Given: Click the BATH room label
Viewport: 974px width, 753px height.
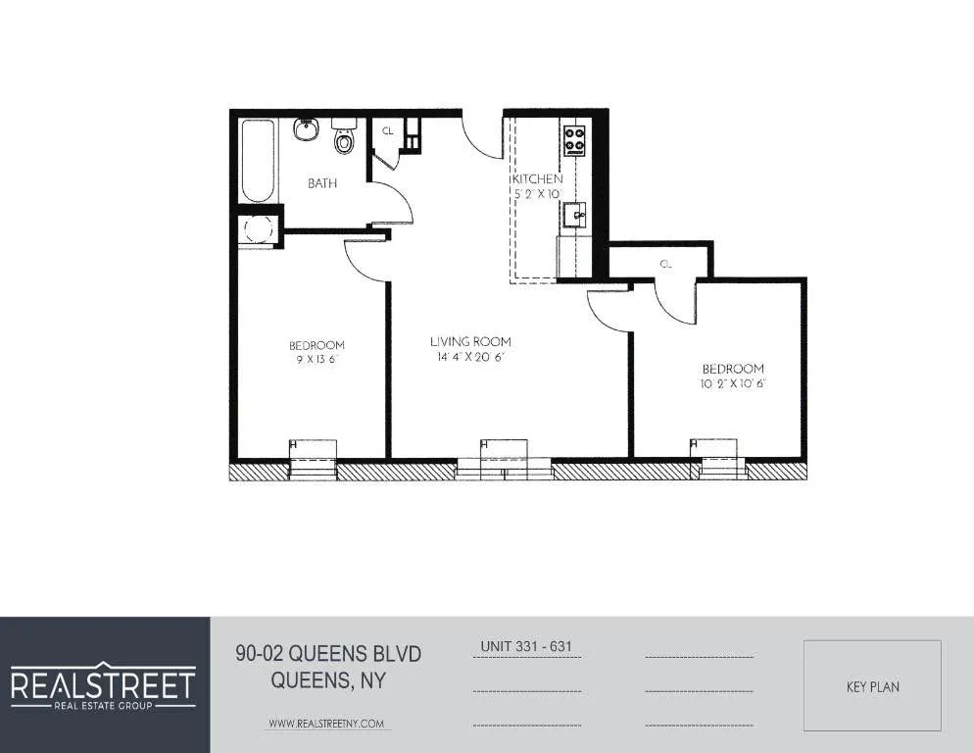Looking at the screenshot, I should (x=322, y=183).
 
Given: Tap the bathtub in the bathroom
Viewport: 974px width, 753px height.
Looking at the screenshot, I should (x=258, y=160).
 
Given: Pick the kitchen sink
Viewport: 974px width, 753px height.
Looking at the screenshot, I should (x=575, y=214).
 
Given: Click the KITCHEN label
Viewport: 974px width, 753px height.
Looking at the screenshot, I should (x=536, y=179).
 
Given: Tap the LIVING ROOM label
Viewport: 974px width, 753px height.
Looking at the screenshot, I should (x=470, y=342).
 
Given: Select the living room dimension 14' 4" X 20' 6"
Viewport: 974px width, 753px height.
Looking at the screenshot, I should (x=470, y=358).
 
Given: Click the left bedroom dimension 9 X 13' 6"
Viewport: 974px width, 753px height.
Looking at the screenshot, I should (x=317, y=360).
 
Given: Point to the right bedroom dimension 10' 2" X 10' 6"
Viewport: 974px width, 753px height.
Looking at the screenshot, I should (x=732, y=383).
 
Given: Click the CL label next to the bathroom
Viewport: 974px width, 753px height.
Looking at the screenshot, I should (x=387, y=130).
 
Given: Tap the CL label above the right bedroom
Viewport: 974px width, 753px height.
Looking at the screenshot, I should (x=665, y=264).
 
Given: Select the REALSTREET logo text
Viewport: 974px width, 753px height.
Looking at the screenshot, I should (x=103, y=683).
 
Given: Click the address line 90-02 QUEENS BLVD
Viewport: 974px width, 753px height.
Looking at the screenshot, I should (x=328, y=653).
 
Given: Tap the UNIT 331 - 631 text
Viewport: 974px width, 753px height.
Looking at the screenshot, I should (x=525, y=647).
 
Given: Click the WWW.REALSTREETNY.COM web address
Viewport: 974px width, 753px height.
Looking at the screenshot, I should (x=327, y=724).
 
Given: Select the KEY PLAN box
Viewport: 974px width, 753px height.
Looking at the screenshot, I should (x=872, y=686).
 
